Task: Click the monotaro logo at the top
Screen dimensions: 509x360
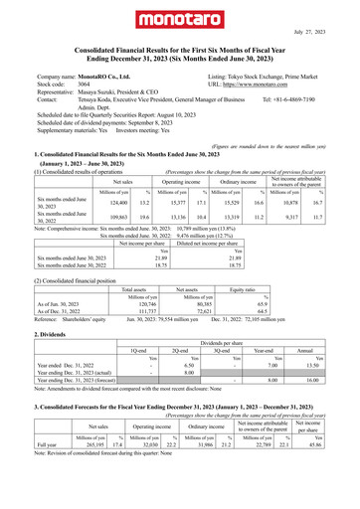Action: click(180, 20)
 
